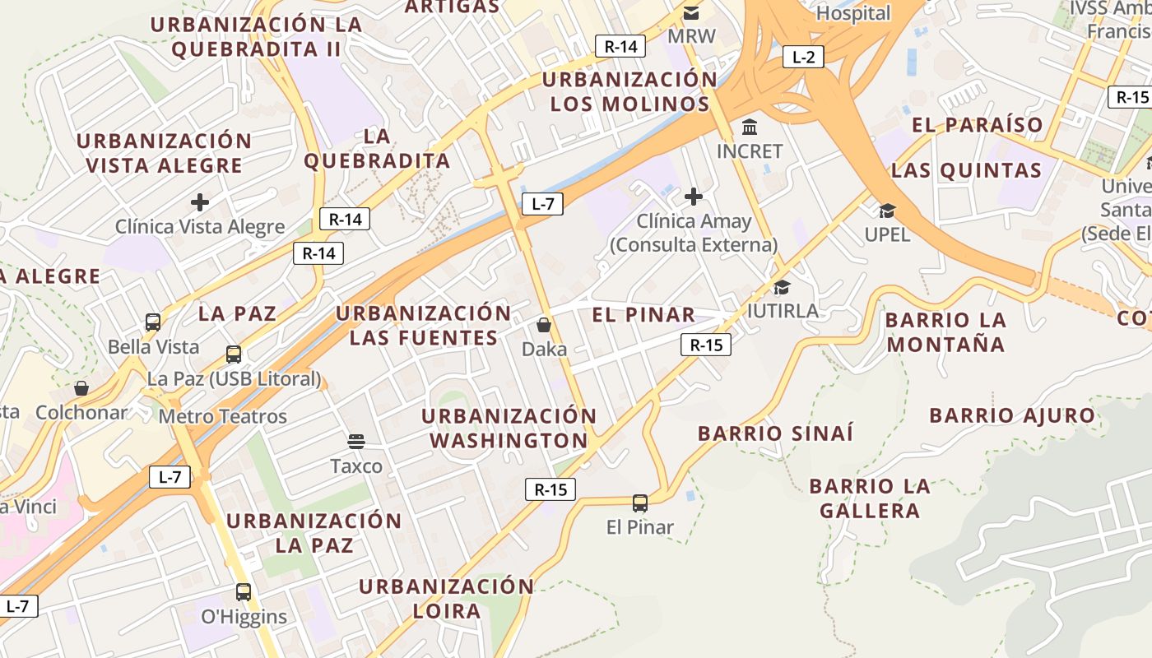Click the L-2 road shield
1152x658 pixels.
(x=803, y=57)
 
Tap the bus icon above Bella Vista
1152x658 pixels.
(x=153, y=322)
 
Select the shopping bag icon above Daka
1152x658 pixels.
(x=543, y=325)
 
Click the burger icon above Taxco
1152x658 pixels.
(x=356, y=442)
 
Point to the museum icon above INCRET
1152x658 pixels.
(x=750, y=127)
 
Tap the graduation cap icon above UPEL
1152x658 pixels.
(x=887, y=211)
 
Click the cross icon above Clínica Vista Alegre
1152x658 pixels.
(x=199, y=202)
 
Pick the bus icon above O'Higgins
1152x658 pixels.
(x=244, y=591)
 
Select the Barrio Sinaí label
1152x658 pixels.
(x=775, y=433)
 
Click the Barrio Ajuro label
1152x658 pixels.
(x=1012, y=415)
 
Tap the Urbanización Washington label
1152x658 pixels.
(x=509, y=429)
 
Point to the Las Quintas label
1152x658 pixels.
(x=967, y=170)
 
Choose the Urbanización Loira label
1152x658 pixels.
(x=446, y=599)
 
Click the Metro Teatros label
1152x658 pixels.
(x=223, y=416)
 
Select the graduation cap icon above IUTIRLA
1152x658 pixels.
(x=782, y=287)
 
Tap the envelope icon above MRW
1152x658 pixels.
(x=691, y=13)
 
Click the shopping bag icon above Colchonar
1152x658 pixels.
(x=81, y=387)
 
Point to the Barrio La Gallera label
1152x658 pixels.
(x=870, y=498)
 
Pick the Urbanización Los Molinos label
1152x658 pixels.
(x=629, y=92)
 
